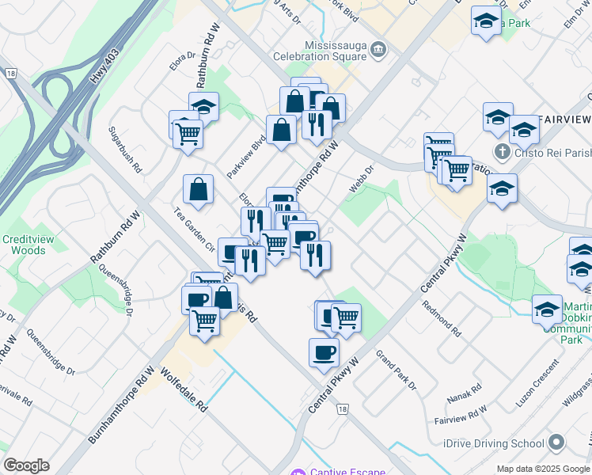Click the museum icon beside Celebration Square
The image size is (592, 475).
pos(378,50)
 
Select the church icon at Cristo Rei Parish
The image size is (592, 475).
pos(501,150)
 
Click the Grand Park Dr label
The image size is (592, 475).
pos(396,370)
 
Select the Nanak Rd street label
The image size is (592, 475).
pos(464,391)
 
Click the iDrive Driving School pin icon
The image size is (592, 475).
pos(557,443)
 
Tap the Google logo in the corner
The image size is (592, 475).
pos(26,465)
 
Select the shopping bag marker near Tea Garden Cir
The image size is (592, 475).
pos(198,189)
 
